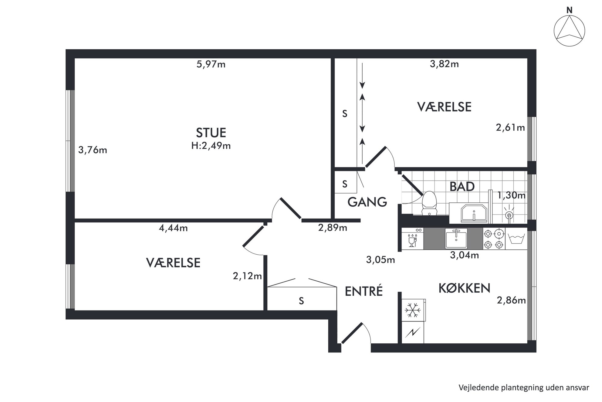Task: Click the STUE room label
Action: (211, 133)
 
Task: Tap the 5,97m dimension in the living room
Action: (211, 64)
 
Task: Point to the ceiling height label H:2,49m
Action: (211, 146)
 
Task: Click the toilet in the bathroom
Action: (429, 203)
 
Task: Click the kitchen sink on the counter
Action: (456, 239)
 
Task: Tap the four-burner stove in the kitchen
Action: (494, 239)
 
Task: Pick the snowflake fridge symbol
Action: (413, 310)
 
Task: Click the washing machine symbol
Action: (516, 239)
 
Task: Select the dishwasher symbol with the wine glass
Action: (412, 239)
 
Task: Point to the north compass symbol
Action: (569, 31)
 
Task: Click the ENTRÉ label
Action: (364, 291)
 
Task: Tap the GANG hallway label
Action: (367, 202)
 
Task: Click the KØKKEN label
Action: (464, 288)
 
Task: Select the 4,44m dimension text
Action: (173, 228)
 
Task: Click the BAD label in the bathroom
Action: (462, 186)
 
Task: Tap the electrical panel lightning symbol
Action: (413, 333)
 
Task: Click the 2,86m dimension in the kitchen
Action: (511, 301)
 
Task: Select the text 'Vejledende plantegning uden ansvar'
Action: (524, 388)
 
